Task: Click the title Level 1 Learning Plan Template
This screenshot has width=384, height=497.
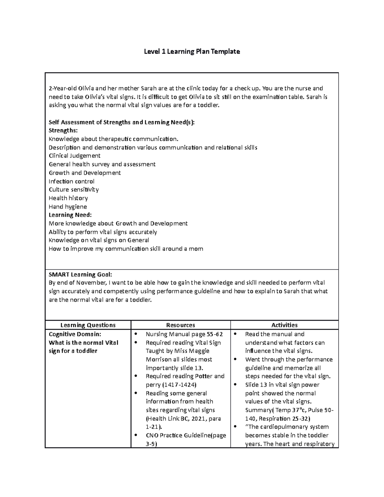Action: coord(192,52)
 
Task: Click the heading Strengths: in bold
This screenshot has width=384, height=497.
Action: coord(63,131)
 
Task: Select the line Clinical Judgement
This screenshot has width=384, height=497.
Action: coord(75,156)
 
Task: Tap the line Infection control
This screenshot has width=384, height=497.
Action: coord(71,181)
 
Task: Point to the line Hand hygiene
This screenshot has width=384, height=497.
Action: coord(68,207)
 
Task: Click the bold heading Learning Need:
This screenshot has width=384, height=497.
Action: coord(70,215)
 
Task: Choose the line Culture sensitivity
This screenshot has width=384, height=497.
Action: coord(74,190)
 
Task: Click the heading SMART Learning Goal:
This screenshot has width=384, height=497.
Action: coord(80,275)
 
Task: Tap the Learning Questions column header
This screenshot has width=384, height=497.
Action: coord(88,325)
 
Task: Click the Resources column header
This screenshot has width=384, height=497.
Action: coord(180,325)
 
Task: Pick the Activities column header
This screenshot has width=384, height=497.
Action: coord(284,325)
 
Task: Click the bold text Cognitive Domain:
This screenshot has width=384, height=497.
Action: coord(75,334)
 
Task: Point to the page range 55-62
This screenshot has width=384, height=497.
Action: coord(214,334)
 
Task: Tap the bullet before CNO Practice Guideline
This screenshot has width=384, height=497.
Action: coord(136,435)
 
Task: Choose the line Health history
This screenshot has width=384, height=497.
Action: coord(68,198)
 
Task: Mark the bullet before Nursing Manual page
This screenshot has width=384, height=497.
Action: coord(136,334)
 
